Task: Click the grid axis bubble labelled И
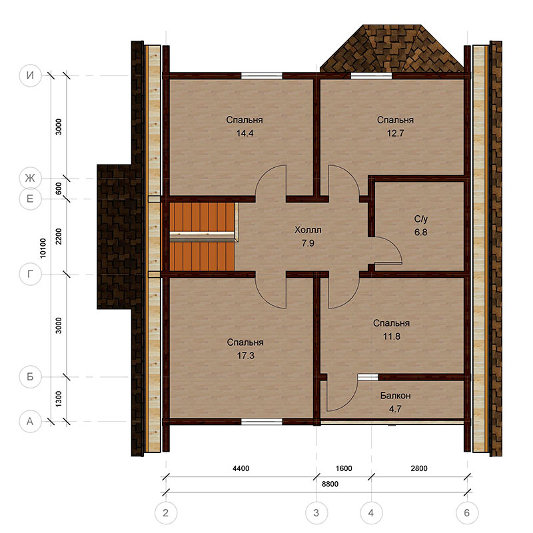30,75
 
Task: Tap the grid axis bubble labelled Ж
30,178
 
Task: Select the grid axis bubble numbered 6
467,513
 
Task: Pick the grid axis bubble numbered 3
316,513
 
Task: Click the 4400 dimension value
241,468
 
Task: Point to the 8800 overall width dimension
330,484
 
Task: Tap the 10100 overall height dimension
43,248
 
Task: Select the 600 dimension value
59,189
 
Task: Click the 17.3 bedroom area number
245,356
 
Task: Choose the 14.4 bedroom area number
245,133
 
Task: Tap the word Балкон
395,396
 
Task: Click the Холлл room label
308,230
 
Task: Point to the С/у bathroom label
420,219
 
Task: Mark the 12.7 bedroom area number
395,133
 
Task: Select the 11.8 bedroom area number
392,336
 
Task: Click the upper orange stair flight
202,217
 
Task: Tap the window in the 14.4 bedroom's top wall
262,75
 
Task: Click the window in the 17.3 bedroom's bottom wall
262,422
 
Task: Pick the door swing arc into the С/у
394,245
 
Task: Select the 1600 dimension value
344,468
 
